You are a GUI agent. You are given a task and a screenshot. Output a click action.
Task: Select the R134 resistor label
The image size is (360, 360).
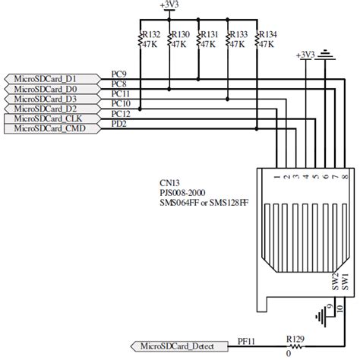[268, 34]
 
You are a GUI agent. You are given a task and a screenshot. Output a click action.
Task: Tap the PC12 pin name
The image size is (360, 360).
[122, 114]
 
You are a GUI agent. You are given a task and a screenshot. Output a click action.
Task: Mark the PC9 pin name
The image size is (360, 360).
[119, 74]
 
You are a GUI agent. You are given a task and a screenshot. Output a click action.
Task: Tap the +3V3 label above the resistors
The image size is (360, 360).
[170, 5]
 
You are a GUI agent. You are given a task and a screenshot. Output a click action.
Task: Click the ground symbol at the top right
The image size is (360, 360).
[327, 55]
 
